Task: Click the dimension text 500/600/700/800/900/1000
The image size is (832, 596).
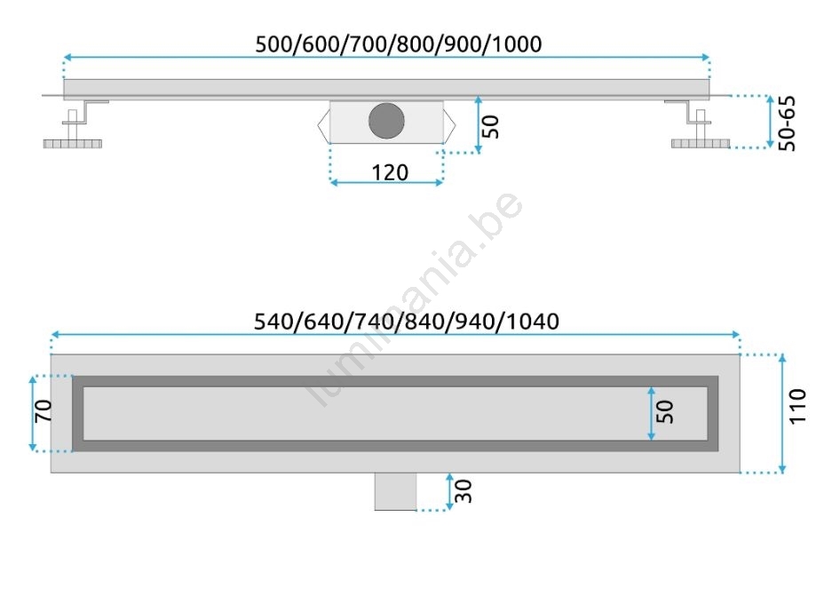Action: (399, 44)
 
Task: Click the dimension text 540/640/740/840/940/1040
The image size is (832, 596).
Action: (407, 322)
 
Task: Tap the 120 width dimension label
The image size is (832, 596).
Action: (390, 172)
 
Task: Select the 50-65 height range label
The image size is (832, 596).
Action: (787, 123)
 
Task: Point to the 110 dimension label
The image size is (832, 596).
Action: (797, 406)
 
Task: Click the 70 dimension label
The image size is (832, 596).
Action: (43, 410)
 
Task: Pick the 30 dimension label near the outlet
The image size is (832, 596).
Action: (464, 491)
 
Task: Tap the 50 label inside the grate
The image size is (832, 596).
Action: (664, 412)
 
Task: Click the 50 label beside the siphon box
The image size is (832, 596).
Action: (491, 127)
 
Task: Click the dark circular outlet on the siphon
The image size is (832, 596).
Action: (386, 121)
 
